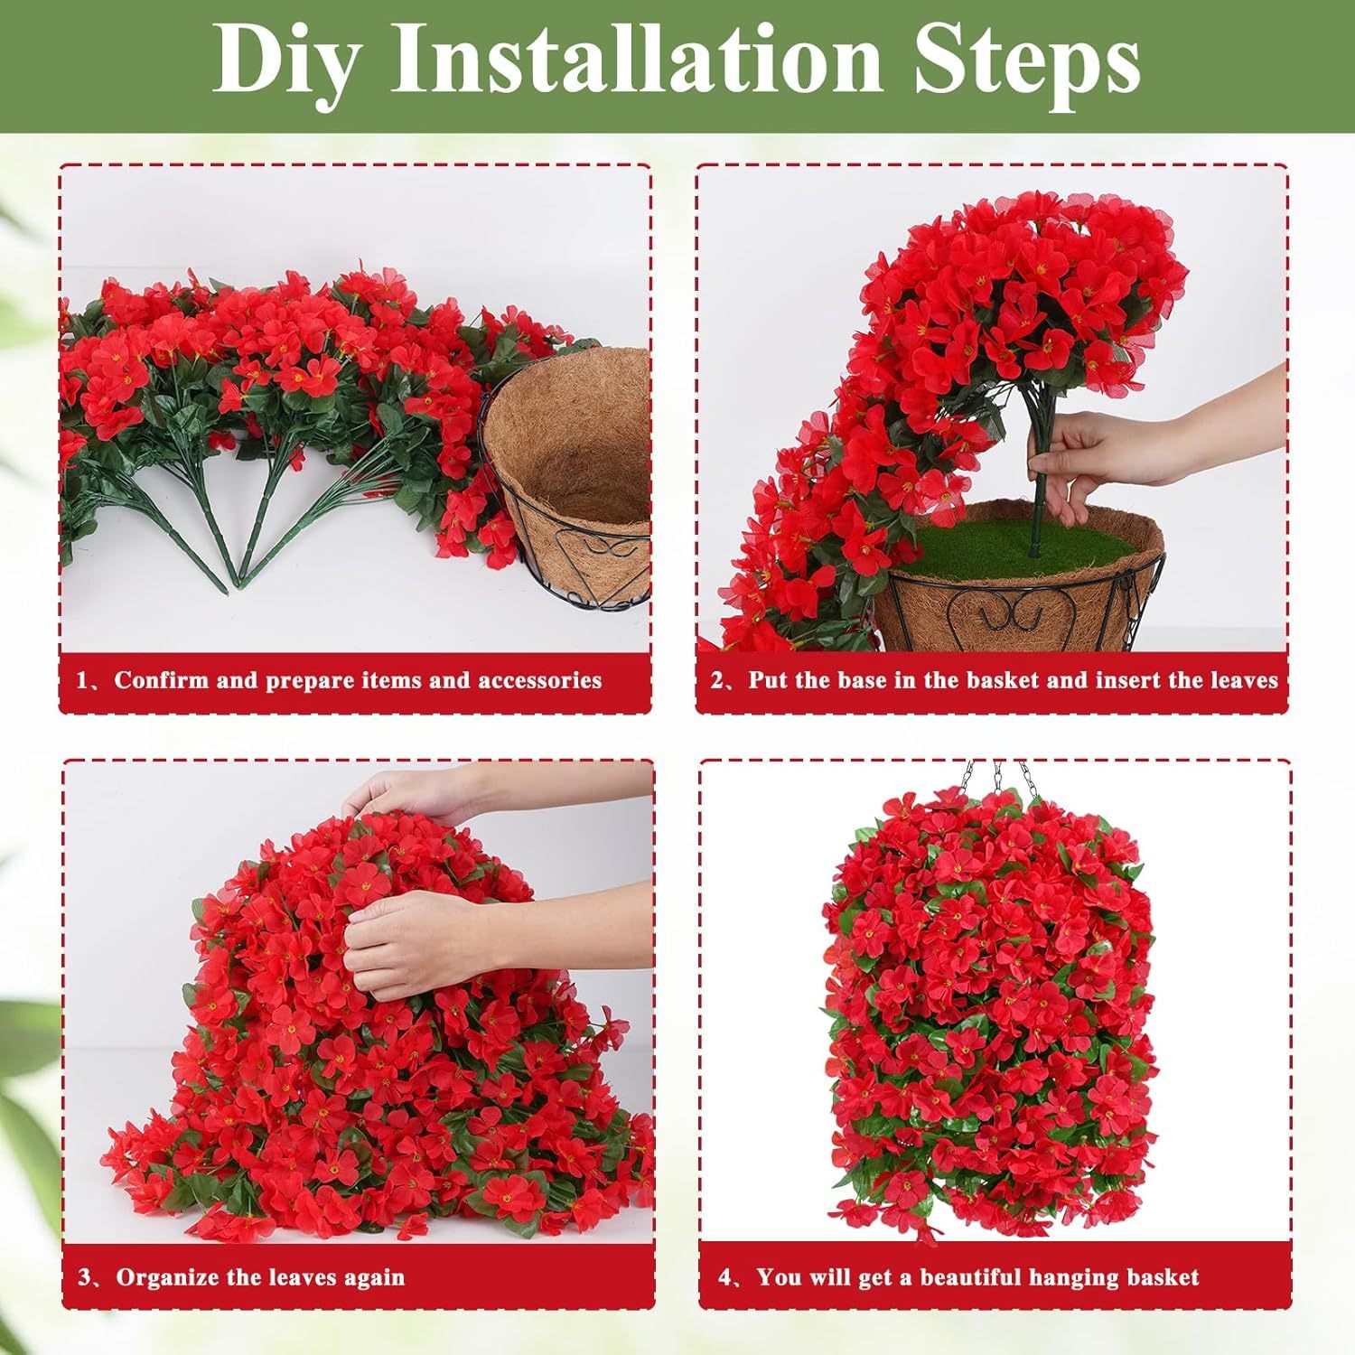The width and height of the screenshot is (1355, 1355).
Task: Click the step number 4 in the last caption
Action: tap(725, 1277)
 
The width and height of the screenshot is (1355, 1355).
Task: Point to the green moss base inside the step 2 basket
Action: tap(1012, 543)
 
